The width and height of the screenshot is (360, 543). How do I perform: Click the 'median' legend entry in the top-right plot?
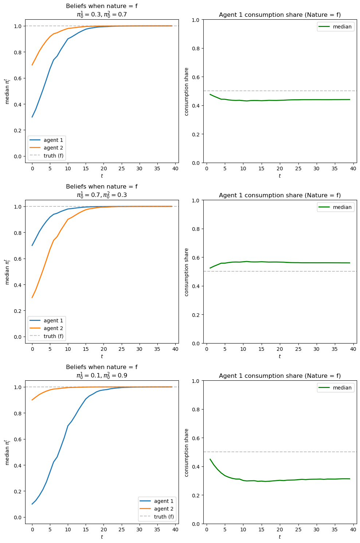click(x=342, y=27)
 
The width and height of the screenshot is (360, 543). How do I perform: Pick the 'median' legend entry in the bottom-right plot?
click(x=342, y=388)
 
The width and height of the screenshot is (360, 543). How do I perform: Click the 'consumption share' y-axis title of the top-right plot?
click(x=187, y=92)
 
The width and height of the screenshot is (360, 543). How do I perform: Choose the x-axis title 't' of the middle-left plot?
click(x=102, y=356)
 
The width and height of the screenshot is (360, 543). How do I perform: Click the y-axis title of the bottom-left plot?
click(x=7, y=452)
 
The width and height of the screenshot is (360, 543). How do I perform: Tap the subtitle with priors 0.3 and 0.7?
click(x=102, y=15)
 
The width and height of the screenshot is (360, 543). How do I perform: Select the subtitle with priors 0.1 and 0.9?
click(x=102, y=376)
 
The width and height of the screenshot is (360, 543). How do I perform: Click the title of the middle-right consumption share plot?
click(x=280, y=195)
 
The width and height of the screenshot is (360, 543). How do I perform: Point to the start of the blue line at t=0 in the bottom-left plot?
click(x=32, y=504)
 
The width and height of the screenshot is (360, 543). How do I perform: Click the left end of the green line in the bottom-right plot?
click(x=210, y=459)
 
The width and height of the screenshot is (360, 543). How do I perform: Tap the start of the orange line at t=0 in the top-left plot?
click(x=32, y=65)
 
